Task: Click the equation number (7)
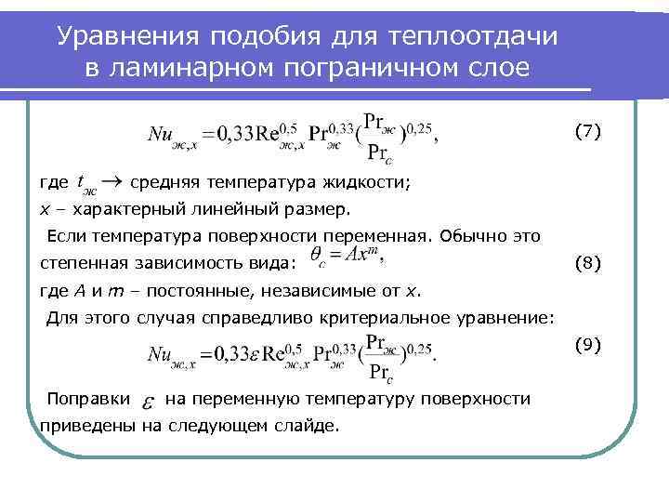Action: [587, 132]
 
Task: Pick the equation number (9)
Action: [587, 345]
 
